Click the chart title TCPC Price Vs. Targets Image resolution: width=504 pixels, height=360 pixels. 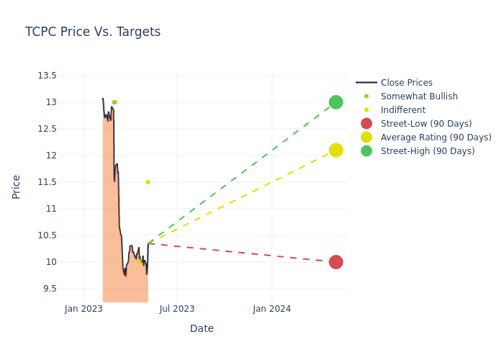pos(93,32)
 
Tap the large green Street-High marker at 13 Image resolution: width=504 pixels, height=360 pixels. pos(336,102)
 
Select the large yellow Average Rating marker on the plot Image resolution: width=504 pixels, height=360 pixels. pos(336,150)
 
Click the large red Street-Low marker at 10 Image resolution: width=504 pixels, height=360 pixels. pos(336,262)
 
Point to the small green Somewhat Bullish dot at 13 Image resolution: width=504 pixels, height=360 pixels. pos(114,102)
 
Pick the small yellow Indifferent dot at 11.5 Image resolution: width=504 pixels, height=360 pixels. pos(148,182)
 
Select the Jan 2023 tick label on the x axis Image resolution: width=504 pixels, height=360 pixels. pos(84,309)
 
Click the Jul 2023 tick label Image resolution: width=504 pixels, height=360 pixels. pos(177,309)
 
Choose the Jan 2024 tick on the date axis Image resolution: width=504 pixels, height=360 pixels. pos(272,309)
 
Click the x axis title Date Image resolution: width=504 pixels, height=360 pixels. pos(202,328)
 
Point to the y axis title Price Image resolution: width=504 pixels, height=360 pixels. pos(17,186)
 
